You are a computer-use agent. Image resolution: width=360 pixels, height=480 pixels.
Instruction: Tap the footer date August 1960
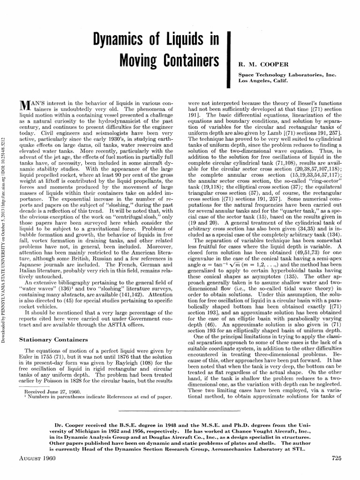(36, 457)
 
